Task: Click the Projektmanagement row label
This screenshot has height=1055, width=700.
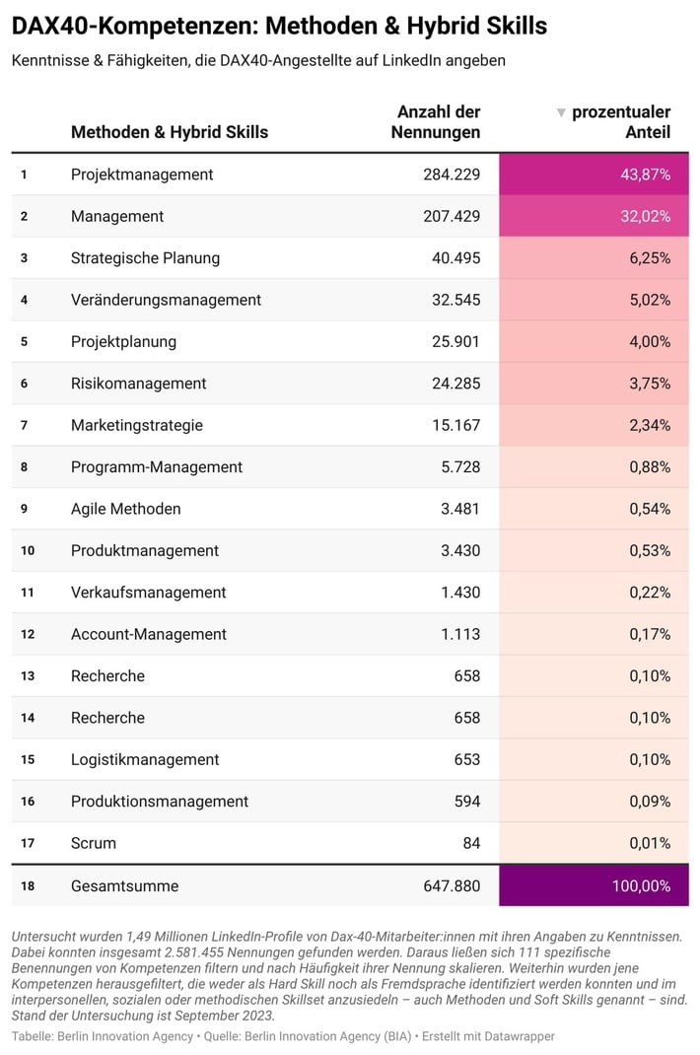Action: [142, 175]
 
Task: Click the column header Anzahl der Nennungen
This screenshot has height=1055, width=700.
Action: [438, 122]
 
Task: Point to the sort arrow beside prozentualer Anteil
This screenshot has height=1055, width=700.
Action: [561, 112]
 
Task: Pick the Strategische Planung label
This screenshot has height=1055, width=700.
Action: [145, 258]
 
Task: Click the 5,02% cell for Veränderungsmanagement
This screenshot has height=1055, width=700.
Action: [650, 300]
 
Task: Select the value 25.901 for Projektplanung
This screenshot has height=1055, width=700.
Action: [455, 342]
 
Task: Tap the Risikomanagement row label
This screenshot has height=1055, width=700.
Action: [138, 384]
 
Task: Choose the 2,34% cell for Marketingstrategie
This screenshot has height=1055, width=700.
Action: [650, 425]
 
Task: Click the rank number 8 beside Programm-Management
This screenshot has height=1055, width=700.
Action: [24, 467]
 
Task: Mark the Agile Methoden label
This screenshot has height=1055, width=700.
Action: [125, 509]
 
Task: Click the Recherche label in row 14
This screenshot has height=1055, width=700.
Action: [107, 718]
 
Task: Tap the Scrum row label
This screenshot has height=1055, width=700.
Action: [94, 843]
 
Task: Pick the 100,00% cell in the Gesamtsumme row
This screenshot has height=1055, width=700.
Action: [641, 886]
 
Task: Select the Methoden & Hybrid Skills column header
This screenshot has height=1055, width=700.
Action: [170, 132]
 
